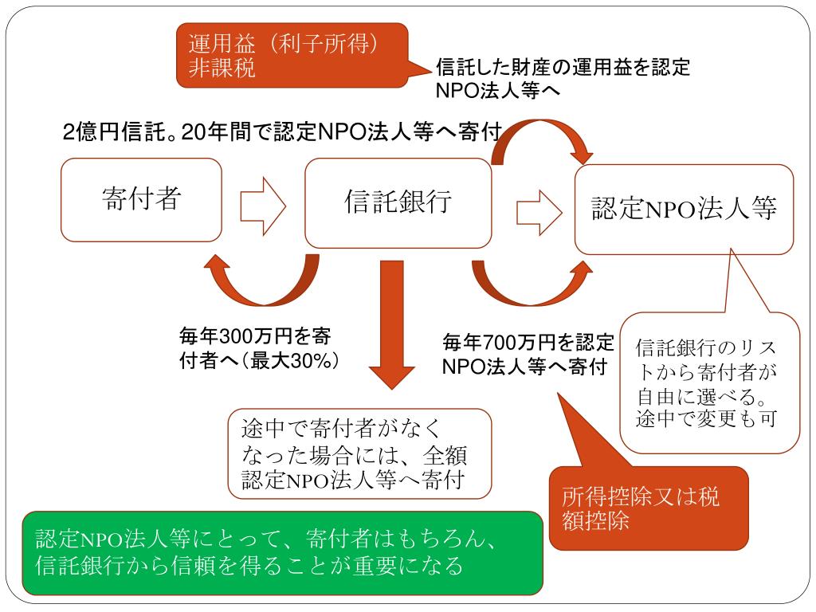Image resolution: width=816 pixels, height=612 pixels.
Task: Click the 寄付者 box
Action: pos(141,199)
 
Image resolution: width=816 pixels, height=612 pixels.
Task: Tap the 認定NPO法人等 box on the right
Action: pos(685,209)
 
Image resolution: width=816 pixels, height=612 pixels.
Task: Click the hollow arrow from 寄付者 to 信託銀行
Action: pos(263,203)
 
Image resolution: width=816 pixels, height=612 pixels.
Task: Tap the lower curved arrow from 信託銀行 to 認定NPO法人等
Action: pos(526,287)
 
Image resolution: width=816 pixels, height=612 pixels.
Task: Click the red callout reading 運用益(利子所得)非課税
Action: pos(292,54)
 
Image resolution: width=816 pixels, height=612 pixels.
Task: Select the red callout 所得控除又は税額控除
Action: pos(649,508)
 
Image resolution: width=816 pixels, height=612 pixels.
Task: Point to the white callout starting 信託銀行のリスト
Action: pos(709,382)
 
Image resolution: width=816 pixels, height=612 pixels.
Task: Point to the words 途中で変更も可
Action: pos(706,418)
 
